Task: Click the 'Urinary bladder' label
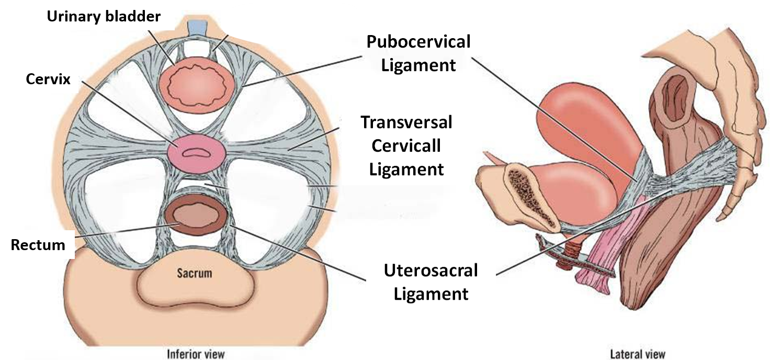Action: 103,16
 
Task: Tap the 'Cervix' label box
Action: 48,80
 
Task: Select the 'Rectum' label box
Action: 38,245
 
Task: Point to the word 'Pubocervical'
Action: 418,42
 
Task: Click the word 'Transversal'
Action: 406,122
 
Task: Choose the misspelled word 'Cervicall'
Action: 406,145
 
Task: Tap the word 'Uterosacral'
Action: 431,271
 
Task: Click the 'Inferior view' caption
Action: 196,354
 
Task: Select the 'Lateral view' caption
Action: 638,354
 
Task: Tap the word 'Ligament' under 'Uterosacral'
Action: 431,294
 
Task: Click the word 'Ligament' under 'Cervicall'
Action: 406,169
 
